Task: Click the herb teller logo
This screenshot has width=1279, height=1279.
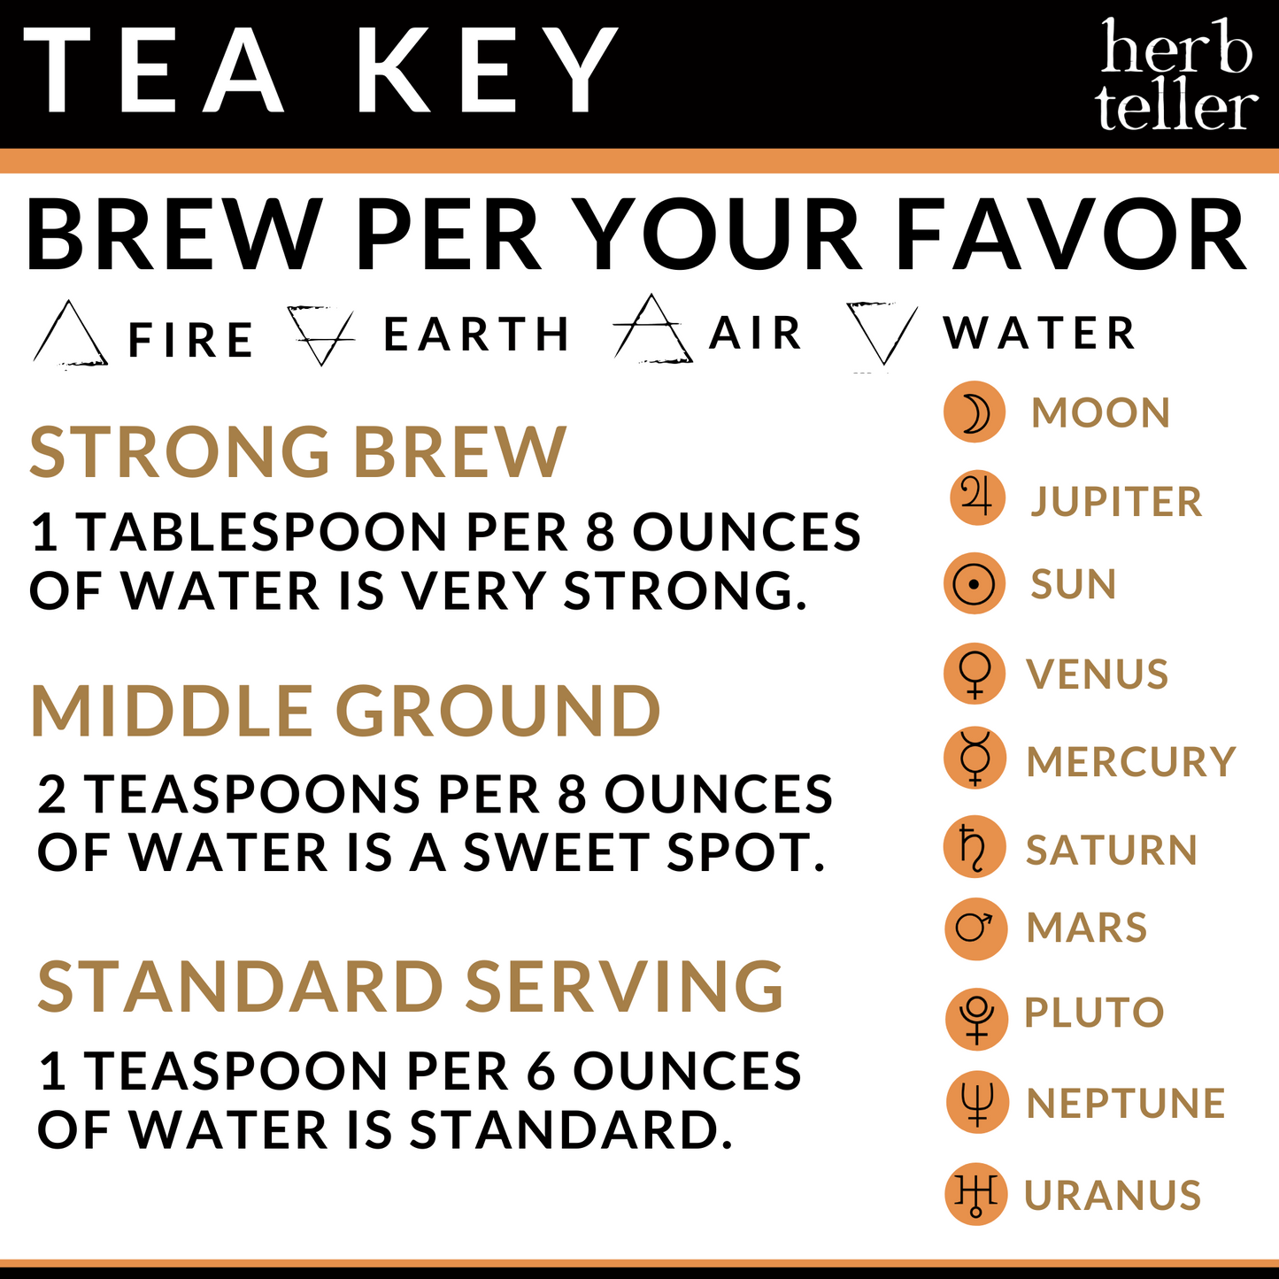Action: click(x=1176, y=75)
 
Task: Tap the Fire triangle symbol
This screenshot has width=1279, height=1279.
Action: click(x=70, y=335)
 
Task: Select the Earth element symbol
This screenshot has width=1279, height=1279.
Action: click(x=320, y=335)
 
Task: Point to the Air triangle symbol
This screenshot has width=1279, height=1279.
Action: click(x=652, y=330)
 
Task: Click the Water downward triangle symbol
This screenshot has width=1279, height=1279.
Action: click(x=882, y=333)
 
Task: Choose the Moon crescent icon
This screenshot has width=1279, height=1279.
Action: click(x=975, y=412)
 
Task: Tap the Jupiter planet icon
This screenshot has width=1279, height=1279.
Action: click(x=977, y=498)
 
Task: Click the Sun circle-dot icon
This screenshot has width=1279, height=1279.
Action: click(x=975, y=584)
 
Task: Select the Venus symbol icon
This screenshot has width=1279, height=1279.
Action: click(x=975, y=674)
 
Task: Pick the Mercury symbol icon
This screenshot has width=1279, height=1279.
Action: click(x=975, y=759)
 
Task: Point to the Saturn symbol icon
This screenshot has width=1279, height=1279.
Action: click(x=975, y=847)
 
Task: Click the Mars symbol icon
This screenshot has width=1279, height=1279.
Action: click(x=975, y=928)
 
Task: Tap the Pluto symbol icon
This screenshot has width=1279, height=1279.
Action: click(x=976, y=1019)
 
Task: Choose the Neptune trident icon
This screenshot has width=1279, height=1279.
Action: click(x=977, y=1103)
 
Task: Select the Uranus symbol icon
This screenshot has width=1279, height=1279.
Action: click(x=975, y=1194)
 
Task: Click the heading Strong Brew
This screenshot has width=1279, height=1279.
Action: click(x=297, y=452)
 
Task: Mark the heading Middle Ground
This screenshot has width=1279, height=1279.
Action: click(x=345, y=712)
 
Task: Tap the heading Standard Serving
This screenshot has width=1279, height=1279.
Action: click(x=411, y=987)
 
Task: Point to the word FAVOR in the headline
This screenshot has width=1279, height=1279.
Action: click(x=1072, y=236)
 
